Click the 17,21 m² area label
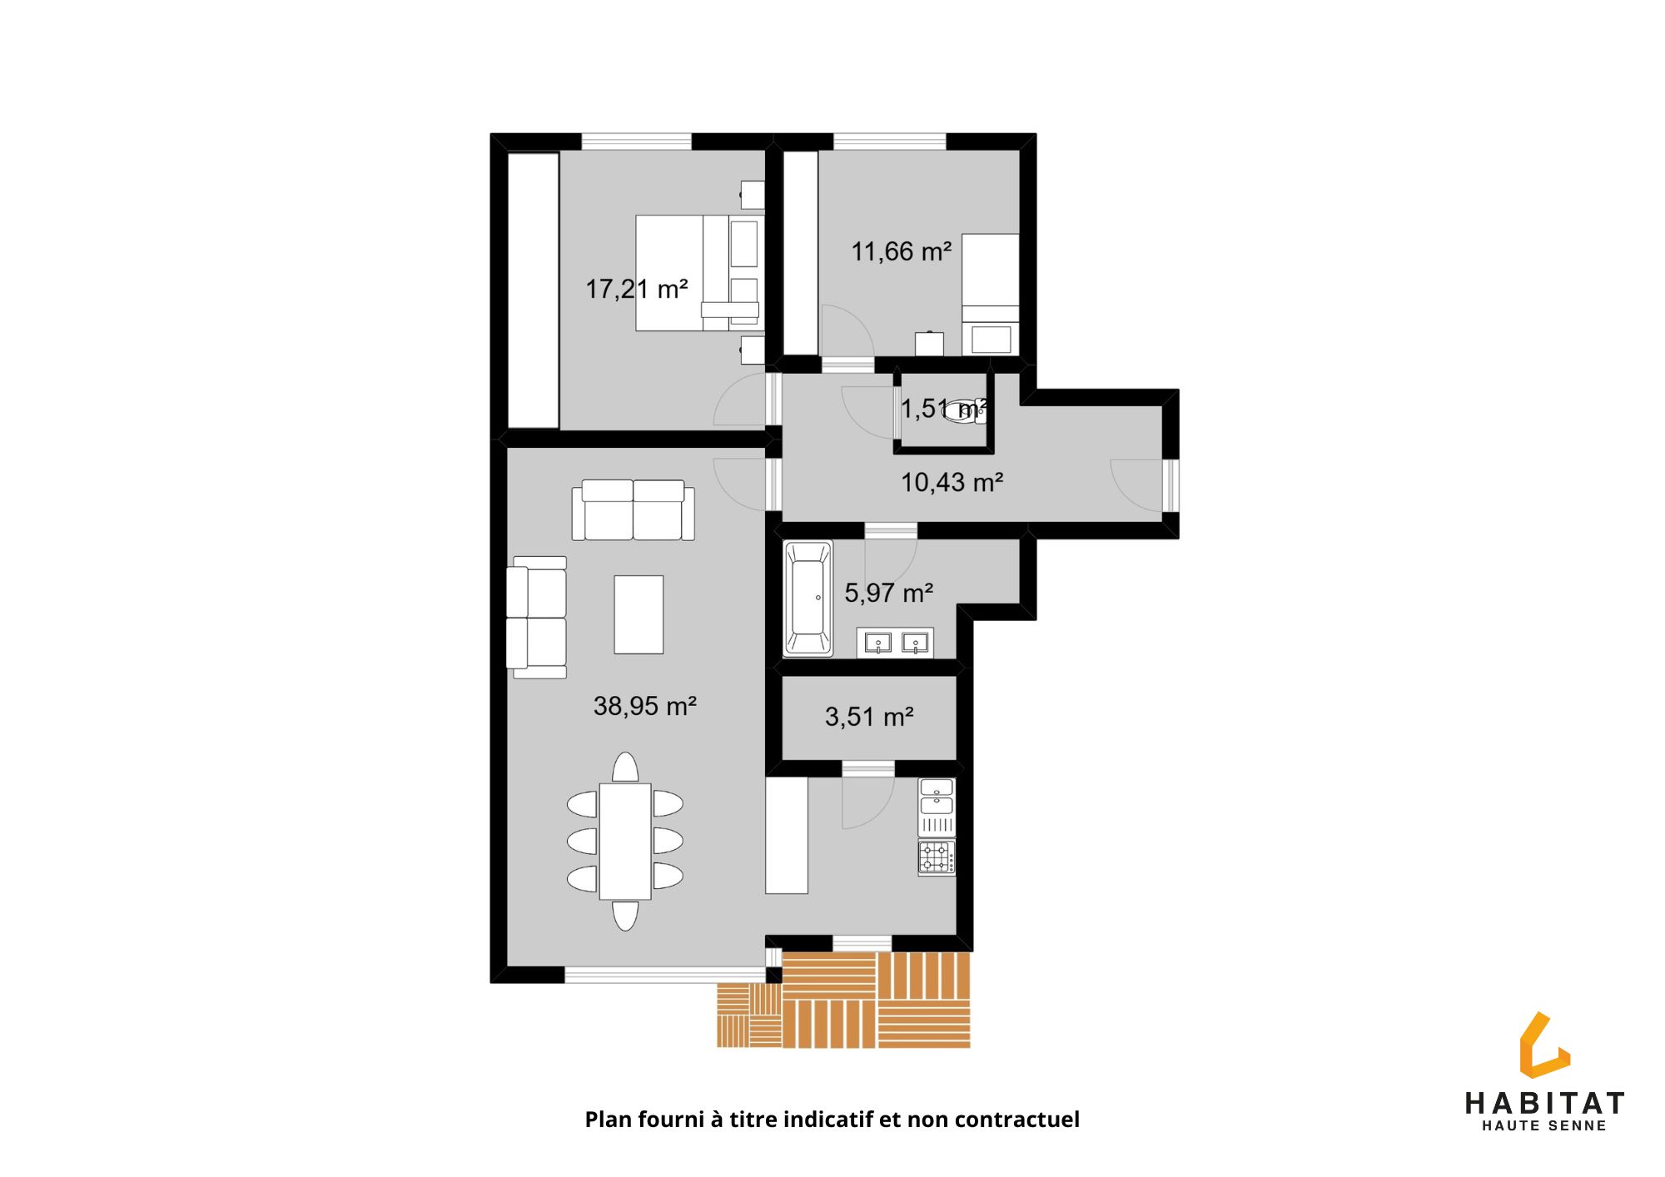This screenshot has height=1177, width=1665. tap(637, 289)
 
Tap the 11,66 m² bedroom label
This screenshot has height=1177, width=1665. tap(901, 251)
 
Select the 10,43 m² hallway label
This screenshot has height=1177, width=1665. tap(952, 482)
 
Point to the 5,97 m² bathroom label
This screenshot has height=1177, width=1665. tap(888, 593)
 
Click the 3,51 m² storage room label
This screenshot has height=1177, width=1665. tap(869, 717)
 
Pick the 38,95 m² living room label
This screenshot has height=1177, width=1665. tap(644, 706)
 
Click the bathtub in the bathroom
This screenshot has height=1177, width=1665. tap(808, 598)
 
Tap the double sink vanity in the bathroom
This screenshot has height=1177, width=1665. tap(895, 642)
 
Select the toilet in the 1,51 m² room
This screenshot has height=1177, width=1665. tap(966, 411)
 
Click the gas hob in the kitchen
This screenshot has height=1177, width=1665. tap(937, 857)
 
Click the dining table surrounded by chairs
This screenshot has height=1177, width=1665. tap(625, 842)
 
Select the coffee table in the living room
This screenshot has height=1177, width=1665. tap(639, 614)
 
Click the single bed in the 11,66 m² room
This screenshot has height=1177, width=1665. tap(991, 295)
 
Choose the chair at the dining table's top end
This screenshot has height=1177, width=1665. tap(625, 767)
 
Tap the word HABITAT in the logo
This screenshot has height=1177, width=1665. tap(1544, 1104)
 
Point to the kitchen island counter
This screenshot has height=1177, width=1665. tap(787, 836)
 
